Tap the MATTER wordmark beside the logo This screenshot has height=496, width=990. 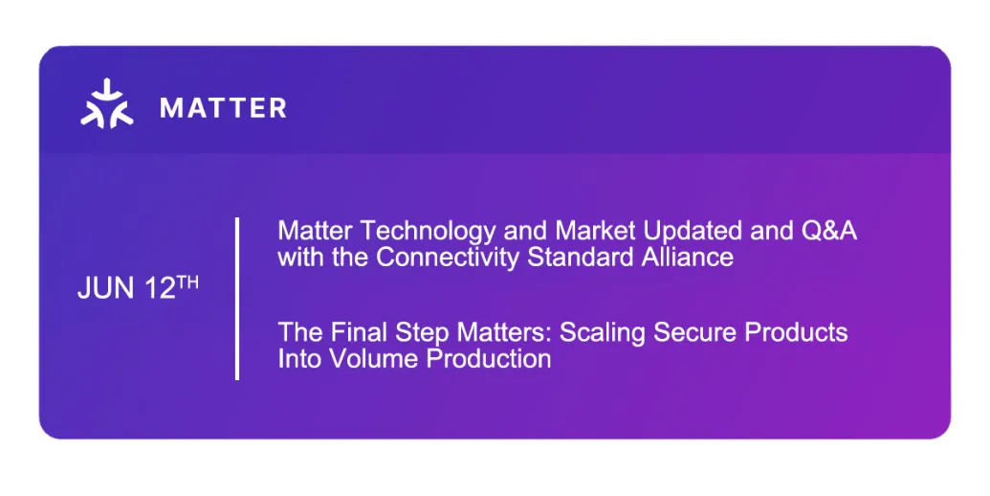point(224,108)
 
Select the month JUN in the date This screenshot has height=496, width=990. point(106,289)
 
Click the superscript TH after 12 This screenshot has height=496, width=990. point(187,282)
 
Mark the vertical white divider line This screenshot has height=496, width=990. point(237,298)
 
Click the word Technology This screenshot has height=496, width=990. point(429,232)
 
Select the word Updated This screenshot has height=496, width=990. point(693,232)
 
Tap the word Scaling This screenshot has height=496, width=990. point(603,333)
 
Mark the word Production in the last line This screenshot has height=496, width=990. point(489,359)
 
